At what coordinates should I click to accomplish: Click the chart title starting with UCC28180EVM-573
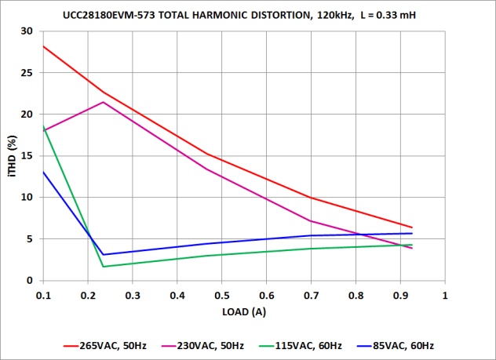point(247,15)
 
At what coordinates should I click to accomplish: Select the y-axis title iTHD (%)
point(12,155)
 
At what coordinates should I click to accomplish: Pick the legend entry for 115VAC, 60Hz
point(297,345)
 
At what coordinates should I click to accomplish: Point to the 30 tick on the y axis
point(27,31)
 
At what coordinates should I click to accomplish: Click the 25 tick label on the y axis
point(27,73)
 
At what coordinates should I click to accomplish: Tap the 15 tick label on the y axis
point(27,156)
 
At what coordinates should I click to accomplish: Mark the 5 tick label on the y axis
point(30,239)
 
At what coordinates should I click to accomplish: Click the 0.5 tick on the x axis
point(222,296)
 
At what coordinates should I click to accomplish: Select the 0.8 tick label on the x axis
point(356,296)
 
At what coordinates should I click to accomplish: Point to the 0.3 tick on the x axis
point(133,296)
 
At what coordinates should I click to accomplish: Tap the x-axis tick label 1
point(445,296)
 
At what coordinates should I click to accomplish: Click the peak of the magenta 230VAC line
point(104,102)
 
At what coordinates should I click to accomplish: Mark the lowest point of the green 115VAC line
point(104,267)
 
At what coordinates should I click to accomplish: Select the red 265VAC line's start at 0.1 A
point(43,46)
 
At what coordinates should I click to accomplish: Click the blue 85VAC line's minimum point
point(104,254)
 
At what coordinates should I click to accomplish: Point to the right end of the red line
point(412,227)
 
